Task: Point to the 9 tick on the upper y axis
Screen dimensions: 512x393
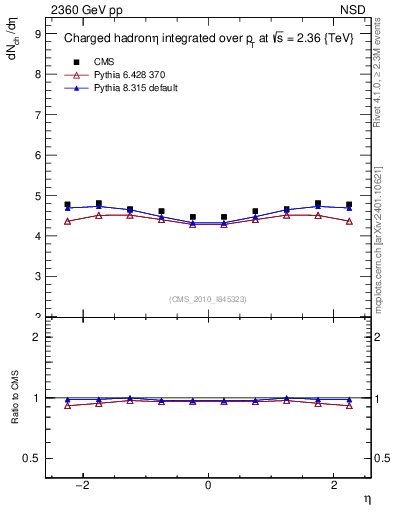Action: (37, 34)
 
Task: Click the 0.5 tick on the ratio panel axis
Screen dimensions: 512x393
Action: (33, 458)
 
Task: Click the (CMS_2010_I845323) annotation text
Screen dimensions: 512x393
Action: (208, 299)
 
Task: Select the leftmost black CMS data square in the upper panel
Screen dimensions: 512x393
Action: (67, 205)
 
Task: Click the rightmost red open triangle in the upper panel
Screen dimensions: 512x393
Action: (349, 221)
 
